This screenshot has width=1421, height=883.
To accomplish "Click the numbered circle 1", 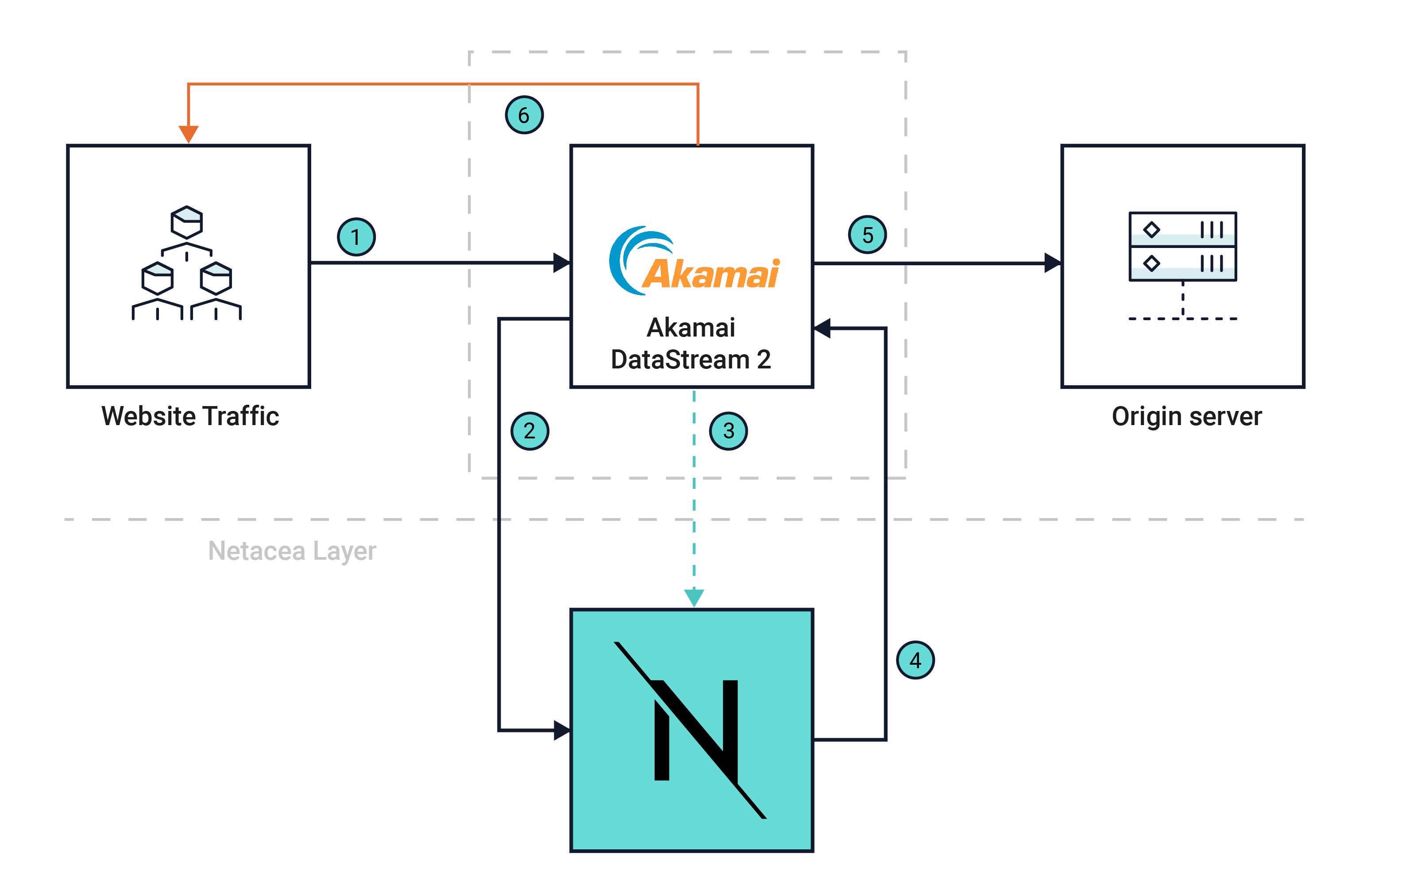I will point(356,237).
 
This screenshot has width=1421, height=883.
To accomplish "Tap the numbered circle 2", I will point(529,431).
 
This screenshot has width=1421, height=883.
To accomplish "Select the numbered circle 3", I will point(728,431).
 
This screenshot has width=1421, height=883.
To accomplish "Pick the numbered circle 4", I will point(915,660).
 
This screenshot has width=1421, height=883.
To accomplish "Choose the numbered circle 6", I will point(524,115).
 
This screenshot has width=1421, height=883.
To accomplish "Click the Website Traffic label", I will point(190,416).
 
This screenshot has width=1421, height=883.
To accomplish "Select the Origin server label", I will point(1186,416).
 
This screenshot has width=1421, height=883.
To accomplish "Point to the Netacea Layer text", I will point(292,551).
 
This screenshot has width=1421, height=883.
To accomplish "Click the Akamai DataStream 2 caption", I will point(691,343).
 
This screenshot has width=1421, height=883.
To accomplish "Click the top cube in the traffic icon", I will point(186,221).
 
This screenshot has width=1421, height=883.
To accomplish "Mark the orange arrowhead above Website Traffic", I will point(188,134).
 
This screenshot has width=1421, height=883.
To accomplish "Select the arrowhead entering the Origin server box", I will point(1052,263).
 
